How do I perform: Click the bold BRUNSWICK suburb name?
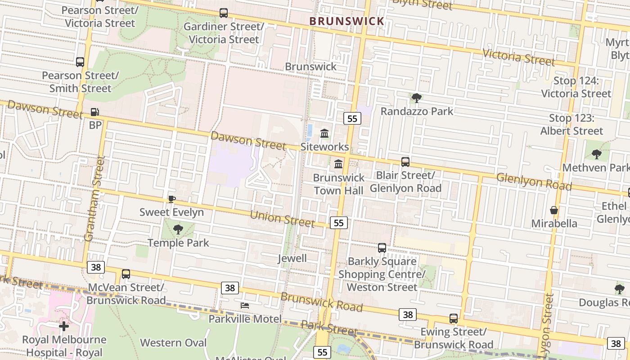point(346,21)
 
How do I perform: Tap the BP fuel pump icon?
point(95,112)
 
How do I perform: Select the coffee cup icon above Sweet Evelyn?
point(171,199)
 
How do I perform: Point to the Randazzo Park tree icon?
point(417,98)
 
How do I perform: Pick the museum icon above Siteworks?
point(324,133)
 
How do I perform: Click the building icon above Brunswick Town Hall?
point(338,164)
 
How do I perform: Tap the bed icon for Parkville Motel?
point(245,305)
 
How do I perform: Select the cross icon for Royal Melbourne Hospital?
point(64,326)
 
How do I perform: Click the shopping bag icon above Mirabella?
point(554,210)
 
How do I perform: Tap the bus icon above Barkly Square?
point(382,248)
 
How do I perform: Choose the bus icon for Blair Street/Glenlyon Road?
point(405,162)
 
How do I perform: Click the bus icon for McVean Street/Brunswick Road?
point(126,274)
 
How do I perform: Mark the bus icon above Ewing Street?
point(454,319)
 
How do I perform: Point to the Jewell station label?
point(292,258)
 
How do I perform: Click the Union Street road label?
point(282,218)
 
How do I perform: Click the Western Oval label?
point(173,342)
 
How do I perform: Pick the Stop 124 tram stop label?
point(576,87)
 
